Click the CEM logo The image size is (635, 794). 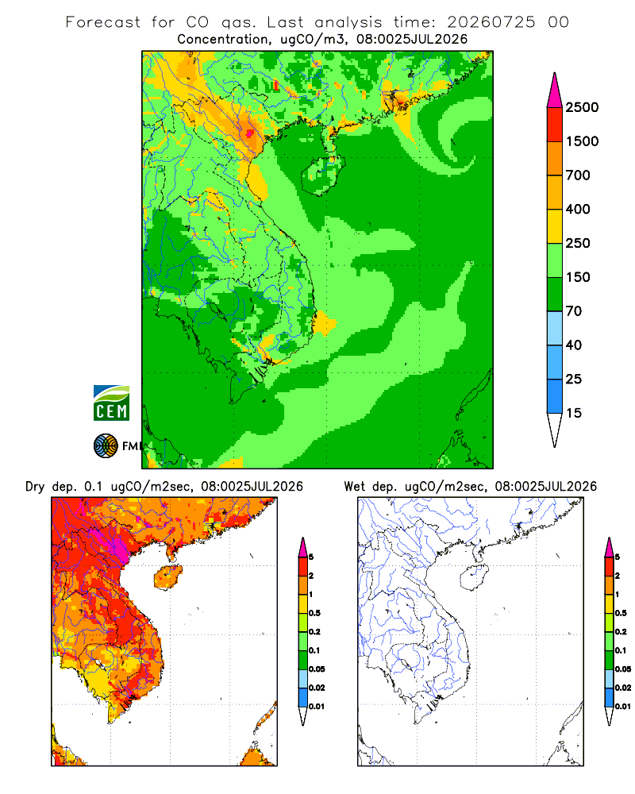[111, 403]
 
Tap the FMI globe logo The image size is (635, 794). [106, 446]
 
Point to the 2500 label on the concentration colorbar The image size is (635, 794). [582, 107]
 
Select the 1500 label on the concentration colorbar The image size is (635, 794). [582, 141]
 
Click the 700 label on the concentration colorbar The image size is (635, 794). [578, 175]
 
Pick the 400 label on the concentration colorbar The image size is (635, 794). [578, 209]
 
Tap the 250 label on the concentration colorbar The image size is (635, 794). [578, 243]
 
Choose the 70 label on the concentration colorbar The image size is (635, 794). [574, 311]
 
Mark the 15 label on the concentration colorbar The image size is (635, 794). [574, 413]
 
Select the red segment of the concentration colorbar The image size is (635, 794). [555, 125]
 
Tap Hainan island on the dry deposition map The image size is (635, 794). [167, 577]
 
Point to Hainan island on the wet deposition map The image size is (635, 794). [474, 577]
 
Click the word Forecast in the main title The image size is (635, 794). [103, 22]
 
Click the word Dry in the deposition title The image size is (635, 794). [36, 487]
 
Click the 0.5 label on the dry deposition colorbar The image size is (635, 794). [314, 613]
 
